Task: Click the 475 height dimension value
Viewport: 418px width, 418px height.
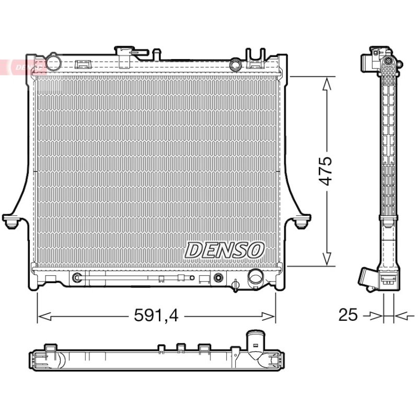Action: tap(326, 171)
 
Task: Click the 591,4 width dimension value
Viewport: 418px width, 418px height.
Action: tap(156, 315)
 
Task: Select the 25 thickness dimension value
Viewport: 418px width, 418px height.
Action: tap(347, 315)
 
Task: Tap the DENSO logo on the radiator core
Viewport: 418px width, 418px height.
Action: tap(225, 250)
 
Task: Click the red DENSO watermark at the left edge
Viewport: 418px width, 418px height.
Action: tap(22, 67)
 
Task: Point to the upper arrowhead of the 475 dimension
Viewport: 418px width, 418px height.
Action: tap(327, 84)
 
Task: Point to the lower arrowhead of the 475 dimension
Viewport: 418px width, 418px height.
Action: tap(327, 259)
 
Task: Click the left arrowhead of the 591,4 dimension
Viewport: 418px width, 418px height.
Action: tap(44, 317)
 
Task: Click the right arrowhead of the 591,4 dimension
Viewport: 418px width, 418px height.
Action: tap(268, 317)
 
